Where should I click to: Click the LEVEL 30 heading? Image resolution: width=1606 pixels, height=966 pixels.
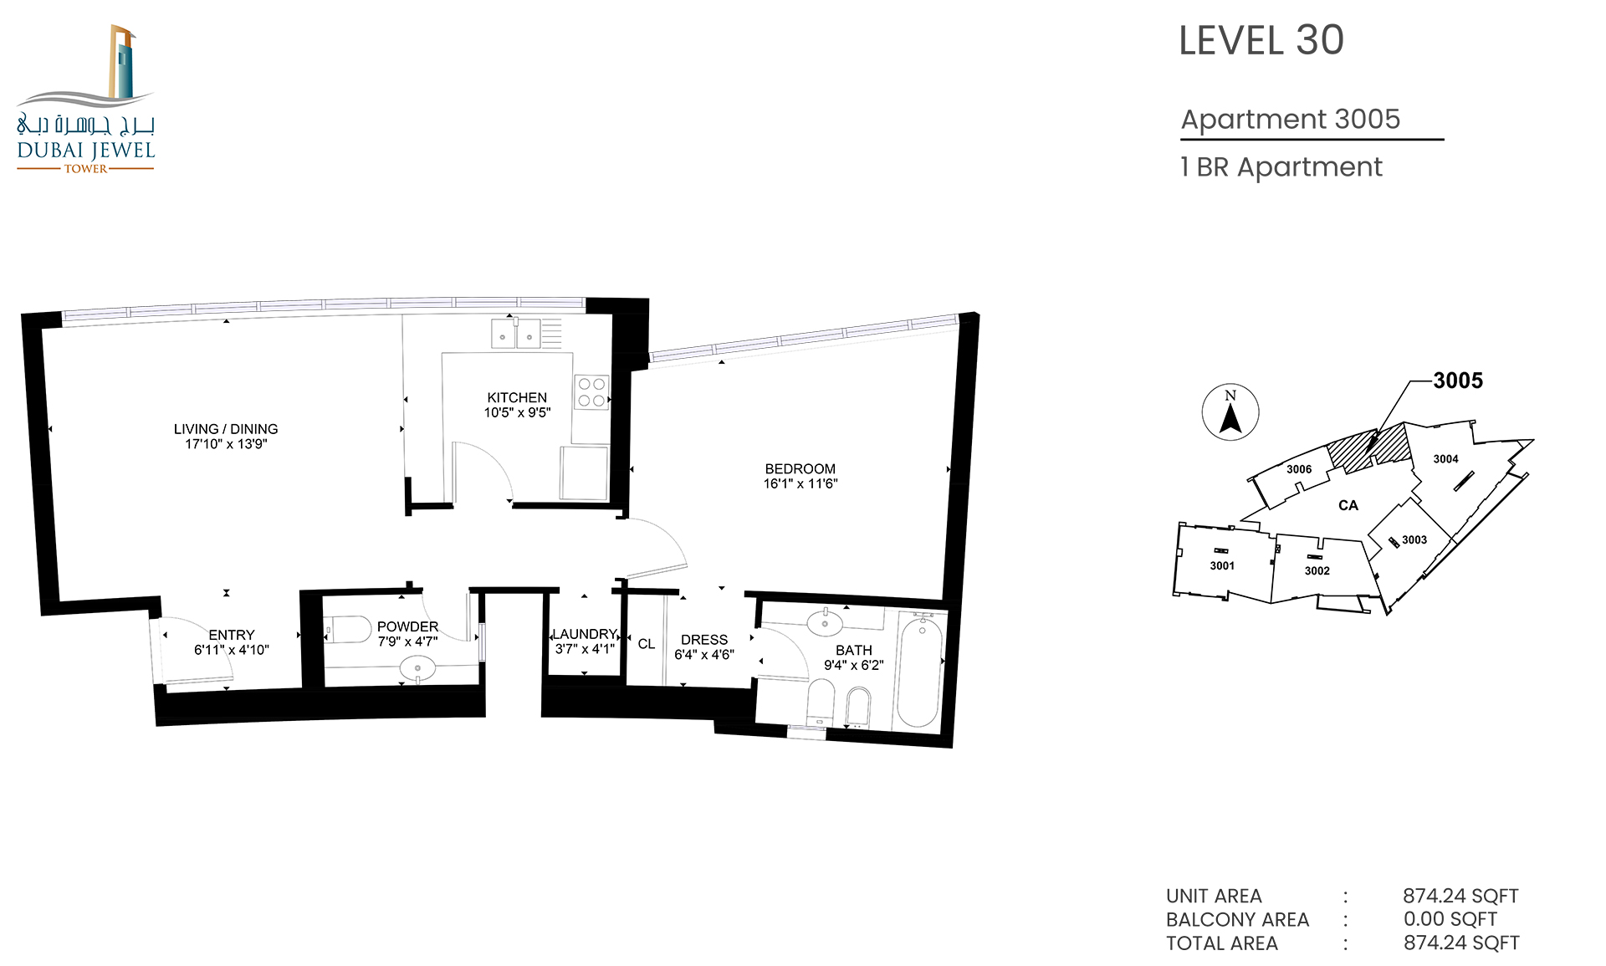point(1261,40)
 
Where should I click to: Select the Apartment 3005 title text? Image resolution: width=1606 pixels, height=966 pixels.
point(1291,119)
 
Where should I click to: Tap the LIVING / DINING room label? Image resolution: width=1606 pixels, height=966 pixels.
point(226,429)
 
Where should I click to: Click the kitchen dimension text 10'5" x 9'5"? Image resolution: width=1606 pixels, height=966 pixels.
point(517,412)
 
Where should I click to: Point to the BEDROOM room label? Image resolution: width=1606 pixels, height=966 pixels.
point(800,469)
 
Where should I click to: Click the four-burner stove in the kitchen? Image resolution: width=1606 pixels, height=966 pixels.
point(591,392)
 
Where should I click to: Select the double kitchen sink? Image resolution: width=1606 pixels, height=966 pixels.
point(515,333)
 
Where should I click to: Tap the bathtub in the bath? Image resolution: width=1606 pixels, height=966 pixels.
point(919,670)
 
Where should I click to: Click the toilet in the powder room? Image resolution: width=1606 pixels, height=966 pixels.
point(347,630)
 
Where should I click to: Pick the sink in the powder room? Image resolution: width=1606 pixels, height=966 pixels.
point(417,668)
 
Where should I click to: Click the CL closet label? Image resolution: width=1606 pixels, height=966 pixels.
point(647,644)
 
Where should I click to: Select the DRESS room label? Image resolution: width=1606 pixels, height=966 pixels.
point(704,640)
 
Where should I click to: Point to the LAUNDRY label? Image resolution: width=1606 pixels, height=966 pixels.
point(585,634)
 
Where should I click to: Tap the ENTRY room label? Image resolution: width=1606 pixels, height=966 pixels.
point(232,635)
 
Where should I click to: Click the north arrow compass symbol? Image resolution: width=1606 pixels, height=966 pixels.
point(1230,412)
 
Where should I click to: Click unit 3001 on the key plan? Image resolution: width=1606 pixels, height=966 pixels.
point(1222,565)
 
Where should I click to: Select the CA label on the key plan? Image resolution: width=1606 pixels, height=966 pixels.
point(1348,505)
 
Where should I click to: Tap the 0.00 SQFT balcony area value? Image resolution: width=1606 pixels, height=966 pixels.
point(1450,918)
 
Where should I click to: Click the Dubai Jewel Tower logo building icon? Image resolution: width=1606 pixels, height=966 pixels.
point(122,62)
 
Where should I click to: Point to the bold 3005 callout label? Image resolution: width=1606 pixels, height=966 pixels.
point(1458,381)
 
